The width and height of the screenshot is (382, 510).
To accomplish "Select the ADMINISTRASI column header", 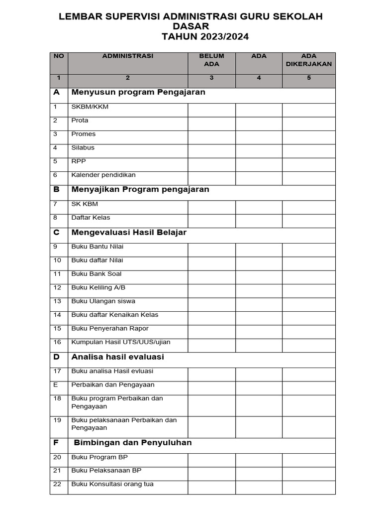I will click(x=128, y=56).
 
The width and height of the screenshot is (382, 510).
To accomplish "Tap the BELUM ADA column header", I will click(x=211, y=60).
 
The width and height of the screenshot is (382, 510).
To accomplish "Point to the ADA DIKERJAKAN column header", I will click(x=309, y=60).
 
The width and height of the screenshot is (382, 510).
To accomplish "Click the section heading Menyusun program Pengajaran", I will click(x=138, y=92).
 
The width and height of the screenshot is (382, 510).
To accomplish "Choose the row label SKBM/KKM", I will click(x=90, y=107).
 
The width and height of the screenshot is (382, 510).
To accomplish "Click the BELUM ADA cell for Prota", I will click(x=211, y=124).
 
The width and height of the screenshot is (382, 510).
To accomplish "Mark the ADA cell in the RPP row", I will click(x=259, y=164).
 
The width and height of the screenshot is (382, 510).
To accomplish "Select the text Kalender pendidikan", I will click(x=103, y=175).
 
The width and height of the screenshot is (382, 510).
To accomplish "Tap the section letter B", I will click(x=57, y=190).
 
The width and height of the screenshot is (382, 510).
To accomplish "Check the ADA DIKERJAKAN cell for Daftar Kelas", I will click(x=309, y=221).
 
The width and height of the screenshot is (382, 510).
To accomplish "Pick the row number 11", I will click(x=57, y=274).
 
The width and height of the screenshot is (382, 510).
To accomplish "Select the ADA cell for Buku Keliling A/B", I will click(x=259, y=291).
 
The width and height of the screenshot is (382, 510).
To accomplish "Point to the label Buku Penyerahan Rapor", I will click(x=110, y=329).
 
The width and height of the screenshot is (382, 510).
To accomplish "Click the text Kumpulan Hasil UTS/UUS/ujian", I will click(x=121, y=342).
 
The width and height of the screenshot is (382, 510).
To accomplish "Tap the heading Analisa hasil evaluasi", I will click(x=118, y=357).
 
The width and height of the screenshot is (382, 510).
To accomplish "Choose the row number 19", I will click(x=57, y=420).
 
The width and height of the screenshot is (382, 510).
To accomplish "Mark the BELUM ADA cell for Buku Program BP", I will click(x=211, y=460).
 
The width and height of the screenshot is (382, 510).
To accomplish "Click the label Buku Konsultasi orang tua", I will click(x=112, y=484).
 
